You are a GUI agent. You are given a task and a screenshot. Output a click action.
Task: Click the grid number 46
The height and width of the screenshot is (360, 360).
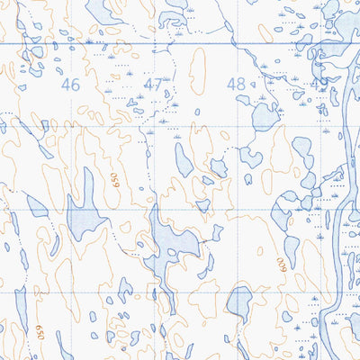[70, 85]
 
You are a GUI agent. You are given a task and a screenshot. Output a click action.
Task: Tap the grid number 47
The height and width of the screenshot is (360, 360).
[153, 85]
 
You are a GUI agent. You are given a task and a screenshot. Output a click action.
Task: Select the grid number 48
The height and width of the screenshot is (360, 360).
[237, 84]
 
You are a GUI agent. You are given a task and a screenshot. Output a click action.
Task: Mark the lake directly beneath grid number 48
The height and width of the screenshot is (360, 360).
[263, 115]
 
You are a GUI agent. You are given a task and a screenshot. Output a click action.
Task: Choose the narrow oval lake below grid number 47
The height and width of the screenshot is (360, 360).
[184, 160]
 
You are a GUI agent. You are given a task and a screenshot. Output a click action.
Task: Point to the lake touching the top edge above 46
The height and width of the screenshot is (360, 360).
[103, 11]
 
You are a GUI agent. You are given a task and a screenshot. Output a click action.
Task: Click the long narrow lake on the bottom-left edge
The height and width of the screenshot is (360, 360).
[21, 310]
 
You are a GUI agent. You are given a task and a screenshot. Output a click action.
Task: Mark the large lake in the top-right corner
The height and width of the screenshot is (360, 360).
[342, 22]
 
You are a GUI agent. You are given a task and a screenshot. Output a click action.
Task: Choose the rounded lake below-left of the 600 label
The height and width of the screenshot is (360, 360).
[239, 301]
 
